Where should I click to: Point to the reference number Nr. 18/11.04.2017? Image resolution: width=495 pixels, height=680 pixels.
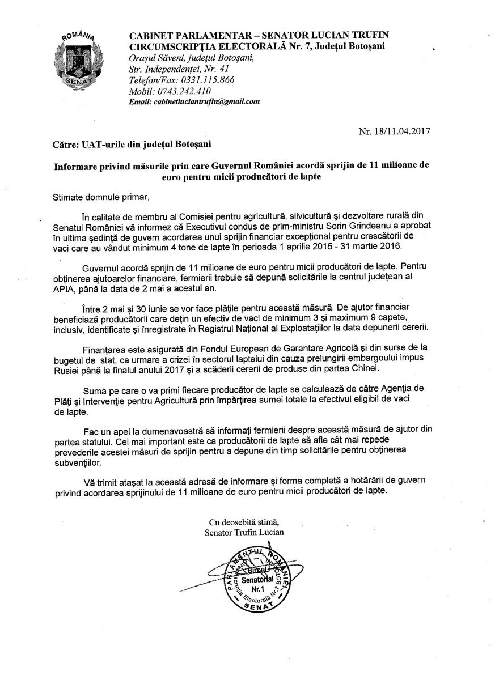[x=394, y=132]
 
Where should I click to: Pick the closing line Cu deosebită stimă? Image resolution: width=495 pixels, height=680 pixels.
[x=244, y=521]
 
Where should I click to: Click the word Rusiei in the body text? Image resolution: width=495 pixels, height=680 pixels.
[x=68, y=369]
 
